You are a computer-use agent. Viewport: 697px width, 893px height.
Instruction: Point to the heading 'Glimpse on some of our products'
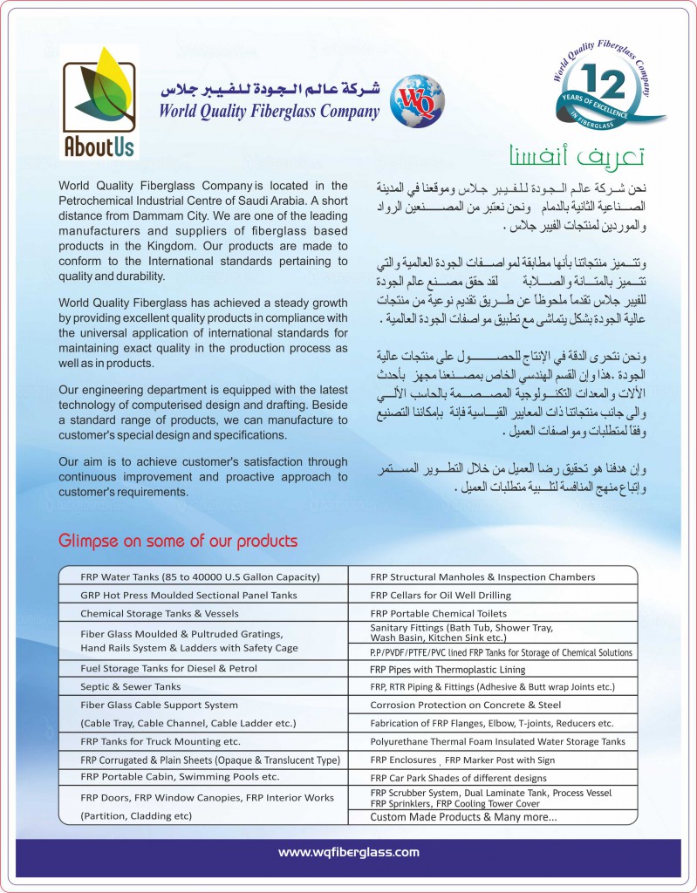(178, 541)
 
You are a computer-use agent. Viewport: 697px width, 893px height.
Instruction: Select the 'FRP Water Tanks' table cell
(200, 576)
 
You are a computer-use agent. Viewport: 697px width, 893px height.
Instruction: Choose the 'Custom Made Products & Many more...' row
(463, 817)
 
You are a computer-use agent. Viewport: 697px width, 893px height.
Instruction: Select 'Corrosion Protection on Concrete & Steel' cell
(466, 705)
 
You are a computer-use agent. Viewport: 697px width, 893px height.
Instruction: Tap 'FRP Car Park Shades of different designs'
(458, 777)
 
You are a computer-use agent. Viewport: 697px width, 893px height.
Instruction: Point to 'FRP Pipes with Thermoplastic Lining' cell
(448, 670)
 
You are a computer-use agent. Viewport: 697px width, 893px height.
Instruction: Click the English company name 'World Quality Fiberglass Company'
(269, 111)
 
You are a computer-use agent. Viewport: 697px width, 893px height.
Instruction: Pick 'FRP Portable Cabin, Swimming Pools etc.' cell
(180, 776)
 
